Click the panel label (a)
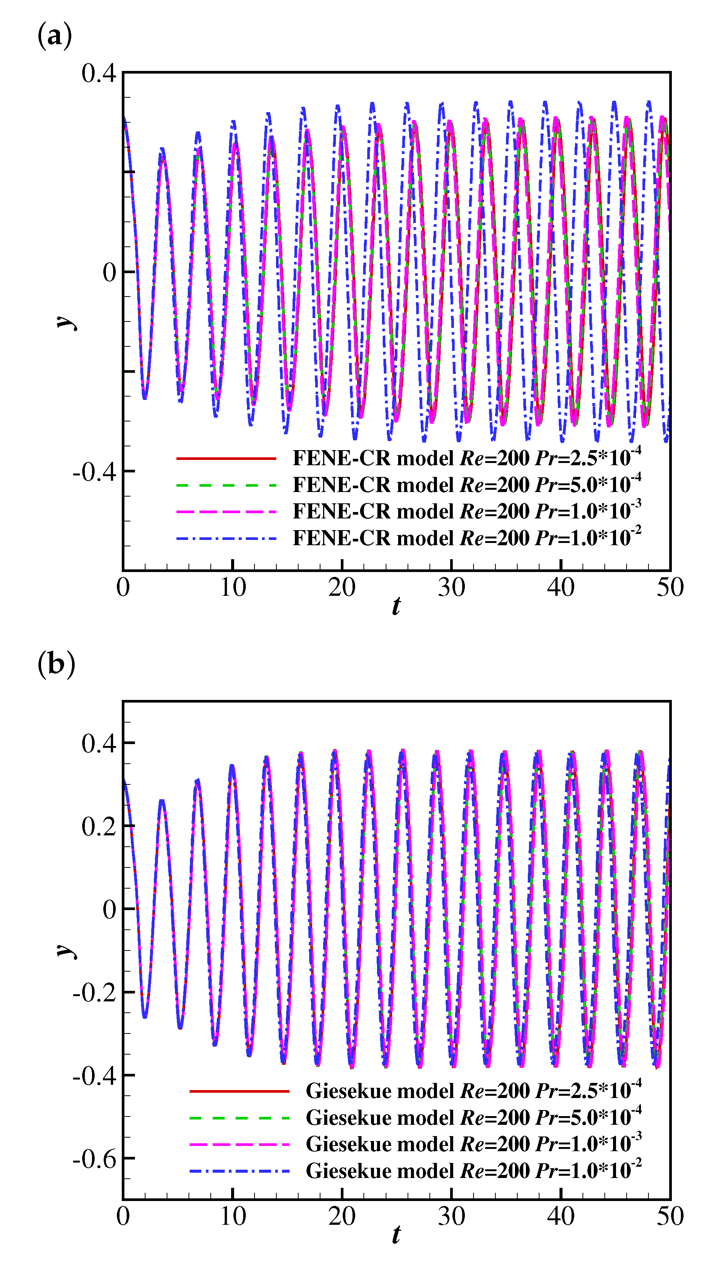coord(54,36)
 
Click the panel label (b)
coord(56,665)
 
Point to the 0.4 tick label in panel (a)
coord(99,74)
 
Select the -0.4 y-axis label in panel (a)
coord(95,472)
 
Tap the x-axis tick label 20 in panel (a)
coord(342,587)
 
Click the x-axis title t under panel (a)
coord(396,606)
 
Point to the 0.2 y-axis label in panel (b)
coord(99,826)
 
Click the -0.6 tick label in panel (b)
coord(95,1159)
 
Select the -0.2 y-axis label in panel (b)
coord(95,993)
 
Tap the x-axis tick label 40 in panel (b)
coord(561,1216)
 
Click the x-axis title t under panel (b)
coord(396,1235)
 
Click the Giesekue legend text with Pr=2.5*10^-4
coord(473,1091)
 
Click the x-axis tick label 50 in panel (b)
coord(670,1216)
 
